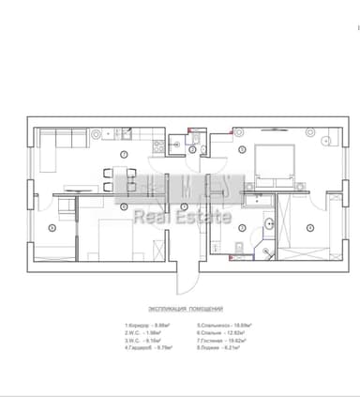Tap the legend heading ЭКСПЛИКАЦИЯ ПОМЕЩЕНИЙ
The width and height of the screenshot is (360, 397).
pyautogui.click(x=185, y=309)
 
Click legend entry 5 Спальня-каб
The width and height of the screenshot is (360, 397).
pyautogui.click(x=221, y=326)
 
